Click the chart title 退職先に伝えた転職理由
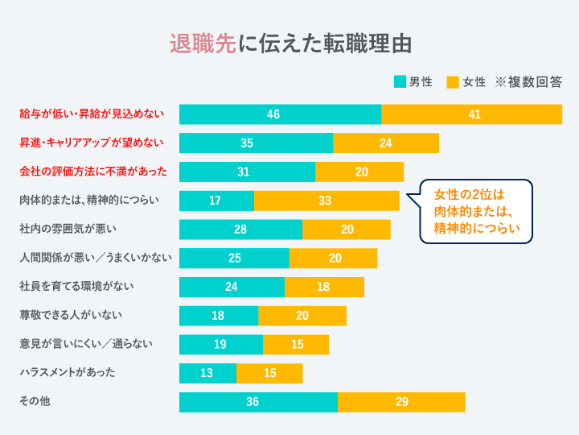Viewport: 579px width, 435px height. coord(290,43)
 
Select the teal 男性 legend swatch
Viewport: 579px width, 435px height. coord(400,82)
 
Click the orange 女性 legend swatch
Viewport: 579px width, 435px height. coord(453,82)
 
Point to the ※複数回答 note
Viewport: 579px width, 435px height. coord(528,82)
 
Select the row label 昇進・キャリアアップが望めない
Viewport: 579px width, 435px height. coord(92,143)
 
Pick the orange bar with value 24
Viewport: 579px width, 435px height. coord(386,143)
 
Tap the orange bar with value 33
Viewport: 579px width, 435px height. coord(326,201)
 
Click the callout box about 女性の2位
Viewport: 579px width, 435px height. coord(476,211)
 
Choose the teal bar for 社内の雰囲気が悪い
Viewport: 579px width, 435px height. coord(240,230)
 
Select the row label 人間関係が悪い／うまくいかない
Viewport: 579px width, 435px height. coord(95,258)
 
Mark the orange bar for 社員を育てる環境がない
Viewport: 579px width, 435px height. coord(324,287)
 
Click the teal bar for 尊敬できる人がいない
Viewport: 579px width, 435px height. coord(219,316)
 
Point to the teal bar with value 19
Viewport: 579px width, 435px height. coord(221,345)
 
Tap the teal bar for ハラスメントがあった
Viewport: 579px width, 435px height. coord(207,373)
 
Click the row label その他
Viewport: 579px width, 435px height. coord(35,401)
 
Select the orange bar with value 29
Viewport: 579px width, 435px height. coord(401,402)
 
